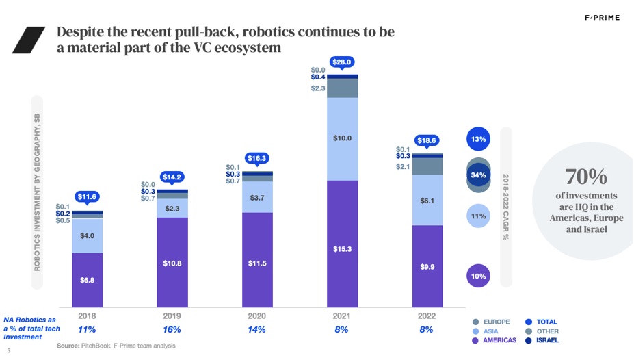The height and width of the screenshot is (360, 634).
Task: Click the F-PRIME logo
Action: click(x=601, y=18)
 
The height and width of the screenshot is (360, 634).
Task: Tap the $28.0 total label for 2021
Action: click(x=342, y=62)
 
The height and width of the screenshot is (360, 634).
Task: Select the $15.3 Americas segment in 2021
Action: click(x=342, y=248)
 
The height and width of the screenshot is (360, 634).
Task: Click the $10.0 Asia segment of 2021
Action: click(x=342, y=138)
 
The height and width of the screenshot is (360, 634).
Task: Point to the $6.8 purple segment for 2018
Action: click(x=87, y=280)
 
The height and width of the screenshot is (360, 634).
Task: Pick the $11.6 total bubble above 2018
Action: click(x=87, y=197)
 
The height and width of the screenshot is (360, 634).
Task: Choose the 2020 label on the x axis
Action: click(x=257, y=316)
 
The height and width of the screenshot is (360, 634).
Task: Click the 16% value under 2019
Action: click(x=172, y=329)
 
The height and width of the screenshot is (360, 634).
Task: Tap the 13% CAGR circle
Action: click(x=478, y=139)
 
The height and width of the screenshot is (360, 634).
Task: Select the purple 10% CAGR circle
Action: click(x=478, y=276)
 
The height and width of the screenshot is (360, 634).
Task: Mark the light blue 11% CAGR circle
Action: click(x=478, y=216)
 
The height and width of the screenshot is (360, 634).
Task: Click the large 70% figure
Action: click(x=586, y=177)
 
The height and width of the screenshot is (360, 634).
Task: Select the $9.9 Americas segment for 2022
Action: click(x=427, y=266)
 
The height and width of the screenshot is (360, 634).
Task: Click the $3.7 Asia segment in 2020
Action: click(x=257, y=197)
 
